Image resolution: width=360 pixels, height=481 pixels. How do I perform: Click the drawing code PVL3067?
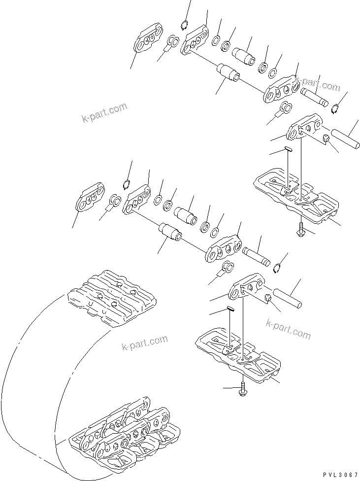pos(337,474)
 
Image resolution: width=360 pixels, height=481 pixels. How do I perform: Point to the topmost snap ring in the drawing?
pos(184,26)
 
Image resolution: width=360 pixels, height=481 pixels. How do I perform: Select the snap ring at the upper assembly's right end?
pos(335,108)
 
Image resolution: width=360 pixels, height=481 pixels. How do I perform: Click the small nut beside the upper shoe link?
pos(326,140)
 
